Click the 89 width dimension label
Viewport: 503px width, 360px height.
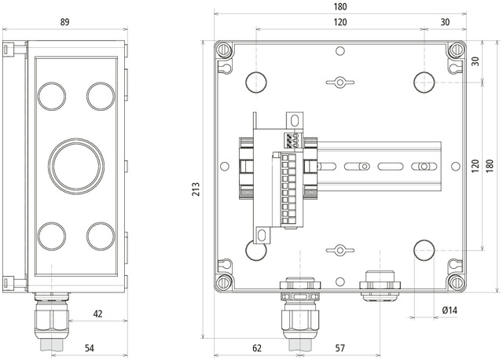64,22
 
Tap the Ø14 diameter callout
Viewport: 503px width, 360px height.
450,310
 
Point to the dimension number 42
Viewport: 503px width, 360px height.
98,314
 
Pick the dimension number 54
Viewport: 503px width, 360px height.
89,347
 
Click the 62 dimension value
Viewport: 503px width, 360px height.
257,347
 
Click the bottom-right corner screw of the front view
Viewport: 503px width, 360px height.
457,281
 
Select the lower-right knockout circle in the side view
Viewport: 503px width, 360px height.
101,235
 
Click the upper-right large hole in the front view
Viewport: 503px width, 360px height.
423,82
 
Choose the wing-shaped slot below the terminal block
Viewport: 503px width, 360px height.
340,250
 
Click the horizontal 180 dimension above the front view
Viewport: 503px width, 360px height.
340,6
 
